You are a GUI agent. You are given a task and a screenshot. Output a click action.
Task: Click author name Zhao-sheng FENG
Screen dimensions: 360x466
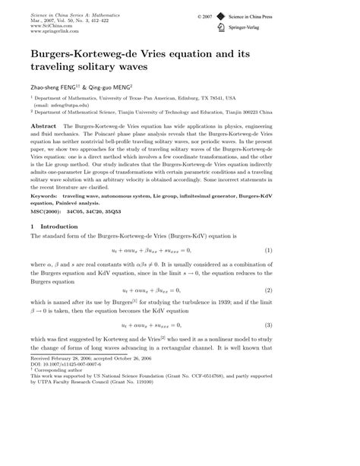click(52, 87)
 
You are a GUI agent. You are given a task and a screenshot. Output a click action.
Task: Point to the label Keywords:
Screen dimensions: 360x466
click(47, 197)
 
